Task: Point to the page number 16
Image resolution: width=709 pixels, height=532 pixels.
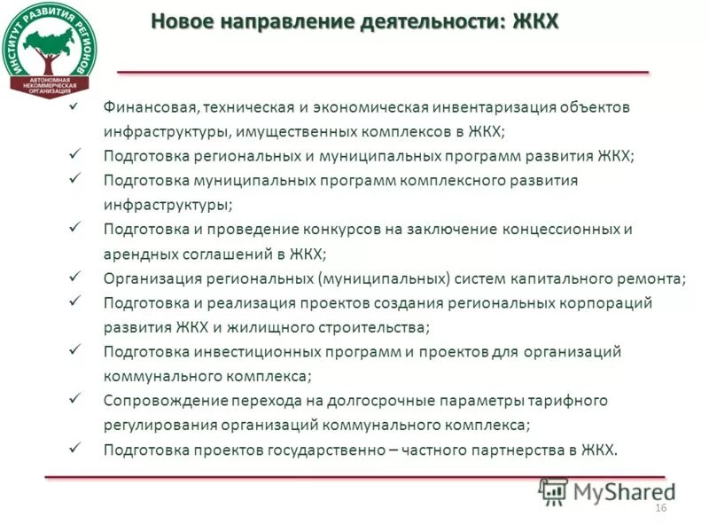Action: pos(659,506)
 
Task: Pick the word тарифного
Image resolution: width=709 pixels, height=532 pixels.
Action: pos(572,400)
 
